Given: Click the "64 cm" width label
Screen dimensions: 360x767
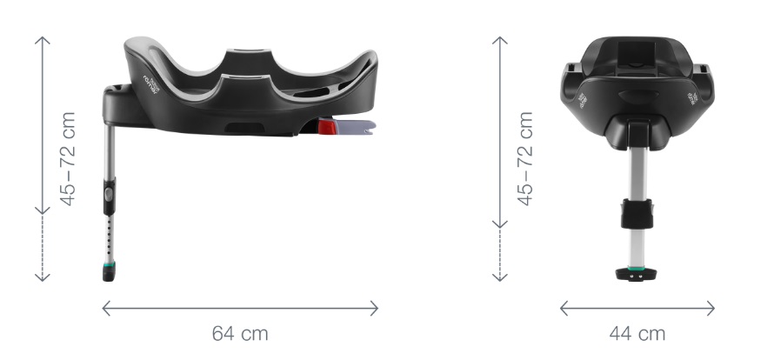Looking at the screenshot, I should [240, 333].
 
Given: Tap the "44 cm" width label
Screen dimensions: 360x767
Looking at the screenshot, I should [638, 333].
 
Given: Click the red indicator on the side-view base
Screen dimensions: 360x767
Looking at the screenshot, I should [328, 128].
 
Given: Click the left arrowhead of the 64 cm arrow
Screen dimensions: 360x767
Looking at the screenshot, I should [105, 308].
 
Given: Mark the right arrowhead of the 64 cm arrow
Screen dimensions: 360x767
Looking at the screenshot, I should [376, 308].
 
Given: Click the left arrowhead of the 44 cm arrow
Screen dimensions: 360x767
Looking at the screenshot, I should [563, 308].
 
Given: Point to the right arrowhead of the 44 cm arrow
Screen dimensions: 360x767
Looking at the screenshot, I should [712, 308].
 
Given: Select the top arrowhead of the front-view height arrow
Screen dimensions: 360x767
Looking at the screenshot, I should [500, 39].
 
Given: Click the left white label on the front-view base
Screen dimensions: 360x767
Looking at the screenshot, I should [582, 97].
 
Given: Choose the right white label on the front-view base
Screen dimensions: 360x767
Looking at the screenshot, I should [693, 97].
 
